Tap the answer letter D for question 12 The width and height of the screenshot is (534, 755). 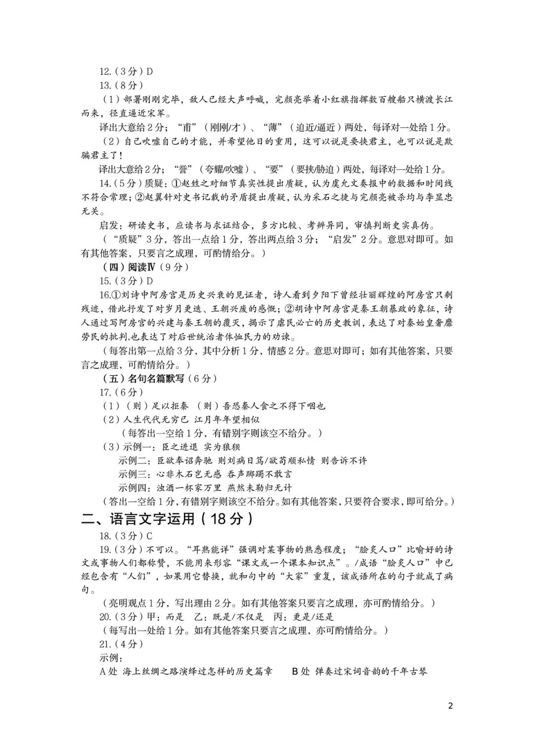tap(150, 71)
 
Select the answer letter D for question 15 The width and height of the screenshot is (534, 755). tap(150, 281)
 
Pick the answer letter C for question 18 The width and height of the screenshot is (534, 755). tap(150, 536)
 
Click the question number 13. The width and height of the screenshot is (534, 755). tap(105, 85)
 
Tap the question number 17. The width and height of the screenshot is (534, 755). tap(105, 392)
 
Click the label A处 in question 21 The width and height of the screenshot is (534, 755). tap(108, 671)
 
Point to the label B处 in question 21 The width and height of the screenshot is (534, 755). tap(300, 671)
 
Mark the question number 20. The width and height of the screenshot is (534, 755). tap(105, 617)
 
